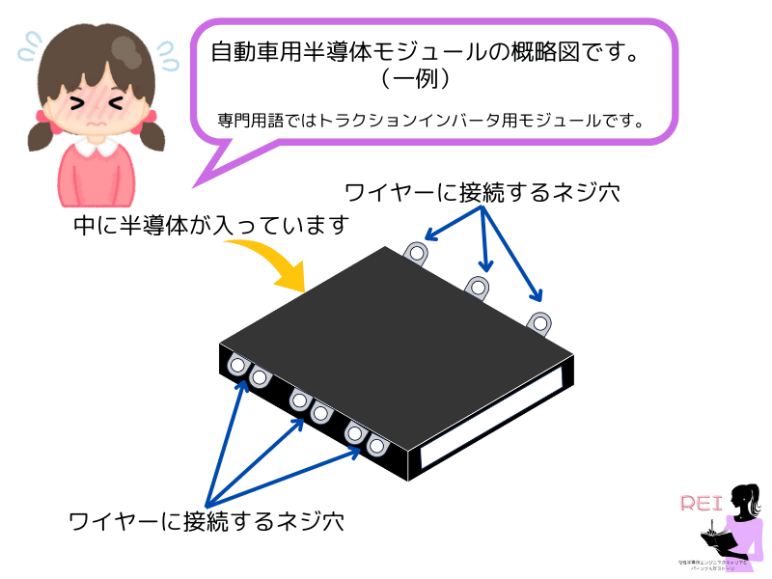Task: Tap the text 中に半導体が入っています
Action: click(210, 226)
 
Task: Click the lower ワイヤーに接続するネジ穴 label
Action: click(207, 522)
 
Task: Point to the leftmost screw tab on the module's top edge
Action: click(416, 253)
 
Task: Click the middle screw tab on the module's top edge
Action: click(478, 287)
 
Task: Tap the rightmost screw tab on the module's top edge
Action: click(539, 321)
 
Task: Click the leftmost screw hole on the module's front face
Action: click(237, 365)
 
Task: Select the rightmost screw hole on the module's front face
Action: click(376, 447)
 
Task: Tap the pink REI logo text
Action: click(702, 503)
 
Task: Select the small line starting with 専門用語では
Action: click(430, 122)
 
